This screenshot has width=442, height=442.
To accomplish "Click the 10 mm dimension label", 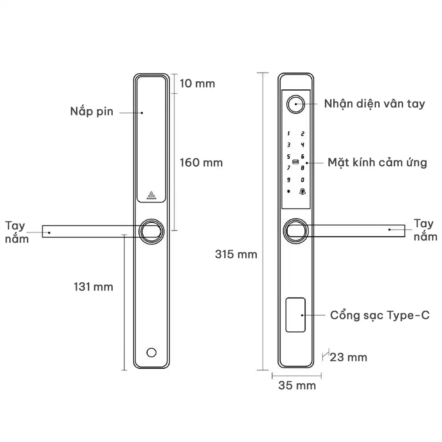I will [x=197, y=83].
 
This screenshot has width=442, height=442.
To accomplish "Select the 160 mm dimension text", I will [x=201, y=162].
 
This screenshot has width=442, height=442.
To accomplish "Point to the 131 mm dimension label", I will [x=93, y=287].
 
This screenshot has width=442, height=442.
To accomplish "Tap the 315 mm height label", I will [x=236, y=254].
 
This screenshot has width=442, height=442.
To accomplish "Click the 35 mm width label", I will [x=297, y=385].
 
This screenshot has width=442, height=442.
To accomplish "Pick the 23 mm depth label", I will [x=348, y=357].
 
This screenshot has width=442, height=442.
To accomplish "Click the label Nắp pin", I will [x=92, y=111].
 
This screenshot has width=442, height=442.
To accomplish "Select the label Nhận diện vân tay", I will [x=374, y=104].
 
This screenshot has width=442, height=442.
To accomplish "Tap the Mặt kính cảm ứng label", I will [x=377, y=162].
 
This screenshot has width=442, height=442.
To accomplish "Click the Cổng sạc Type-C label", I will [x=380, y=316].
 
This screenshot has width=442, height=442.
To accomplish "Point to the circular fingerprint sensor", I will [x=295, y=104].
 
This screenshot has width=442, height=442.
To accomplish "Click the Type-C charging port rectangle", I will [x=296, y=315].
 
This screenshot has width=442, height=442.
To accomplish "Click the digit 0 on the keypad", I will [x=303, y=180].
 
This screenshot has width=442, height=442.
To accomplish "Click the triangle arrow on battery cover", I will [x=152, y=195].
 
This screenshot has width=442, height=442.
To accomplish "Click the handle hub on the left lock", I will [x=152, y=231].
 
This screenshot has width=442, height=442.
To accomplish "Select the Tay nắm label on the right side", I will [x=426, y=230].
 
